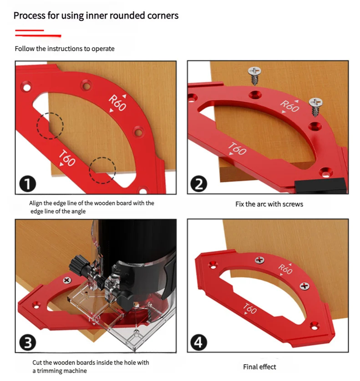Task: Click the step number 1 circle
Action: (28, 184)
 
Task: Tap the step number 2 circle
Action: (199, 184)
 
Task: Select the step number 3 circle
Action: (28, 343)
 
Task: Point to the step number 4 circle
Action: (199, 343)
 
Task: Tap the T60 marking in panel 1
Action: (67, 158)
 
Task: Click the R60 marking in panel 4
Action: (285, 269)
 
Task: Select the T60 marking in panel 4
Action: (249, 309)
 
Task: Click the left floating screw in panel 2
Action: (254, 75)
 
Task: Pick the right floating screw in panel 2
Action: (315, 107)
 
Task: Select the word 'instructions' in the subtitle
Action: (65, 49)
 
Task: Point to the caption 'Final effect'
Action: (259, 366)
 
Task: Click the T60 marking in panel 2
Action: (237, 148)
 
